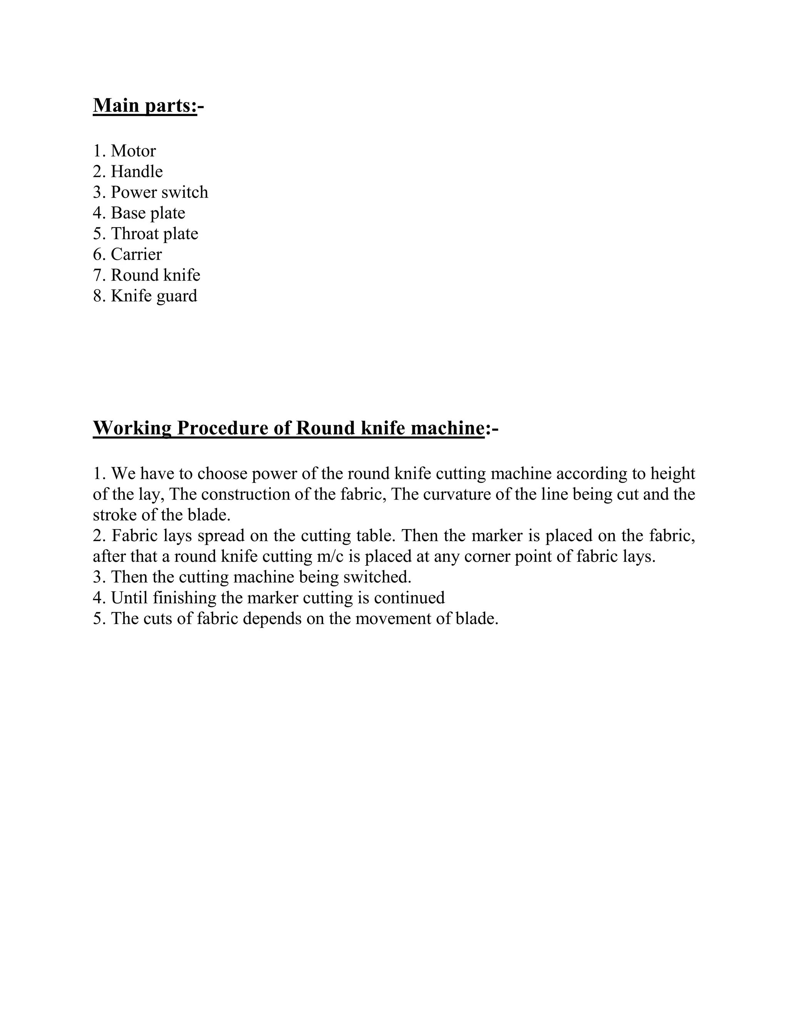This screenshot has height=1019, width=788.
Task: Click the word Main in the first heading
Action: pos(116,105)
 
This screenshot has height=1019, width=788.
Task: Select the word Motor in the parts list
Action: pos(133,151)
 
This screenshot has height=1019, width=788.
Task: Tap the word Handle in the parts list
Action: pos(137,172)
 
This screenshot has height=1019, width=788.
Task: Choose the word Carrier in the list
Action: pos(136,254)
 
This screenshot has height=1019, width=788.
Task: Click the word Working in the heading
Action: pos(132,427)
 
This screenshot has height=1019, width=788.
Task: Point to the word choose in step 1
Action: pos(222,474)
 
